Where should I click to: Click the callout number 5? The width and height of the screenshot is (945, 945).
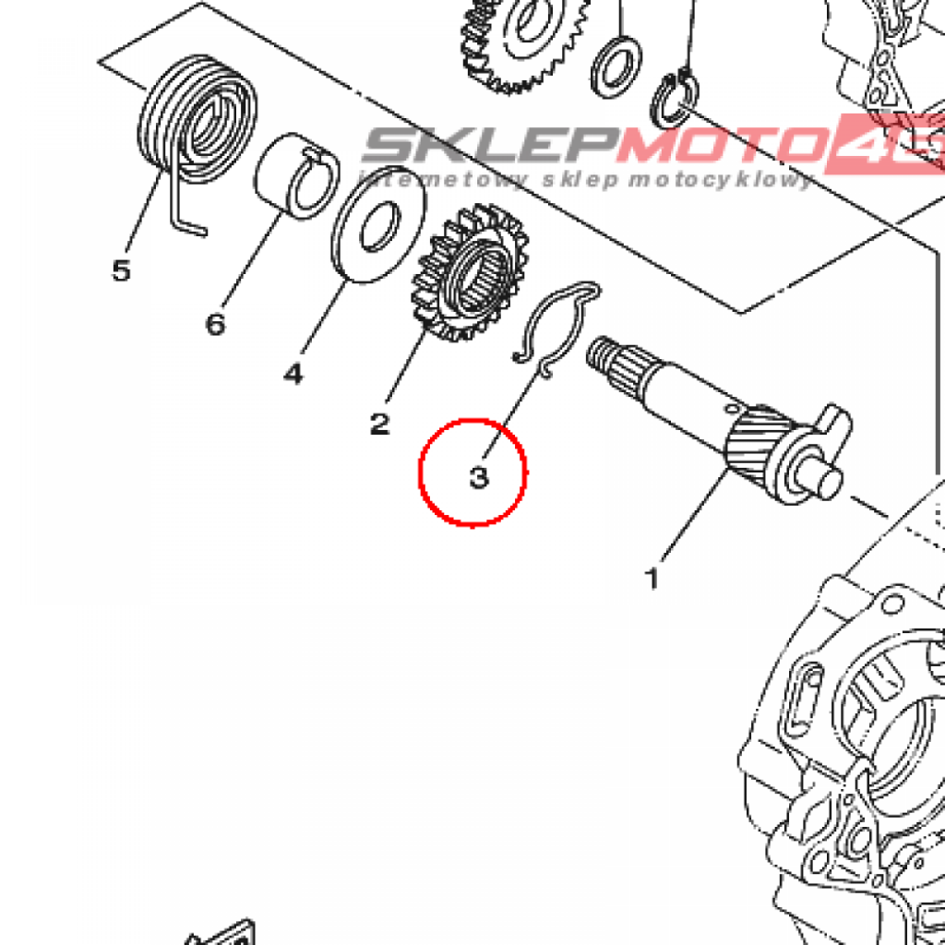tap(121, 270)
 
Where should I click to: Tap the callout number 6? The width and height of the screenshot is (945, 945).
tap(215, 324)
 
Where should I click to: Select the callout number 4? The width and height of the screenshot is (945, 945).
tap(293, 373)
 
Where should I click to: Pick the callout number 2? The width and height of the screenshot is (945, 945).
tap(379, 424)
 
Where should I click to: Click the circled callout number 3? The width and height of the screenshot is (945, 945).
tap(477, 479)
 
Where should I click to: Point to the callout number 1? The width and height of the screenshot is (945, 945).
tap(652, 580)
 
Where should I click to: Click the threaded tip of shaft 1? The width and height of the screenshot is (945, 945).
tap(604, 353)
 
